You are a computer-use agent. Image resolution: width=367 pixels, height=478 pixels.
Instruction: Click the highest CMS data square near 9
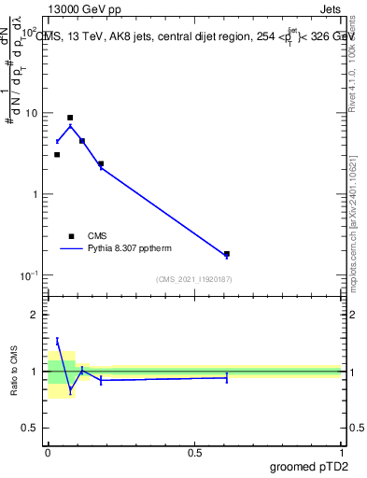click(x=70, y=119)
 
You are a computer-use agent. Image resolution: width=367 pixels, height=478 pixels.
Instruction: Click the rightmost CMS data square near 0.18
click(x=227, y=253)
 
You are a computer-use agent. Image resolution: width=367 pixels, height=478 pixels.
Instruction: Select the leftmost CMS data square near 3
click(x=57, y=154)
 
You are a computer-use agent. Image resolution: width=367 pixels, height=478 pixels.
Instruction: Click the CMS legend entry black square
click(x=71, y=236)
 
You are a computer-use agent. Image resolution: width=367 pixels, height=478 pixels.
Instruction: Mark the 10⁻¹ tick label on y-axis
click(x=31, y=274)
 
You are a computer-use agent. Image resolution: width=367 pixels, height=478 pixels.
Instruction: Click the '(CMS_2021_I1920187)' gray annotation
click(x=193, y=279)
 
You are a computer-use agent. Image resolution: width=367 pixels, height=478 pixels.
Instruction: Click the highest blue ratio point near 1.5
click(x=57, y=342)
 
